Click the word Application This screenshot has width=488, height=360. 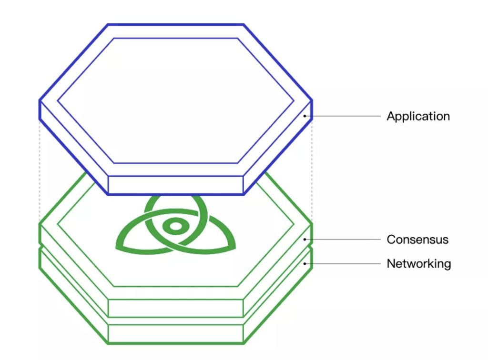click(418, 116)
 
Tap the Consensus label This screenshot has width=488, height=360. click(417, 239)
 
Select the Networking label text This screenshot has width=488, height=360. click(418, 263)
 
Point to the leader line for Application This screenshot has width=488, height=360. click(343, 116)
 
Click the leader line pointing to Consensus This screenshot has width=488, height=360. click(343, 239)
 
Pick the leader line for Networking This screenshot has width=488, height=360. click(343, 263)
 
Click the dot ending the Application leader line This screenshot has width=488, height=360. click(305, 116)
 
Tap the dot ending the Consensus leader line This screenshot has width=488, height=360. click(305, 239)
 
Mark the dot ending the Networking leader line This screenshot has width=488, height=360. click(305, 263)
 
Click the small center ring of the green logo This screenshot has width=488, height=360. click(176, 227)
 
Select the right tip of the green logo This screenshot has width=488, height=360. click(234, 247)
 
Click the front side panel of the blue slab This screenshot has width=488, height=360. click(176, 185)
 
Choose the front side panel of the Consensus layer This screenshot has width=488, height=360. click(176, 308)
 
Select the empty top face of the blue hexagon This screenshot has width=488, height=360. click(176, 100)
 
